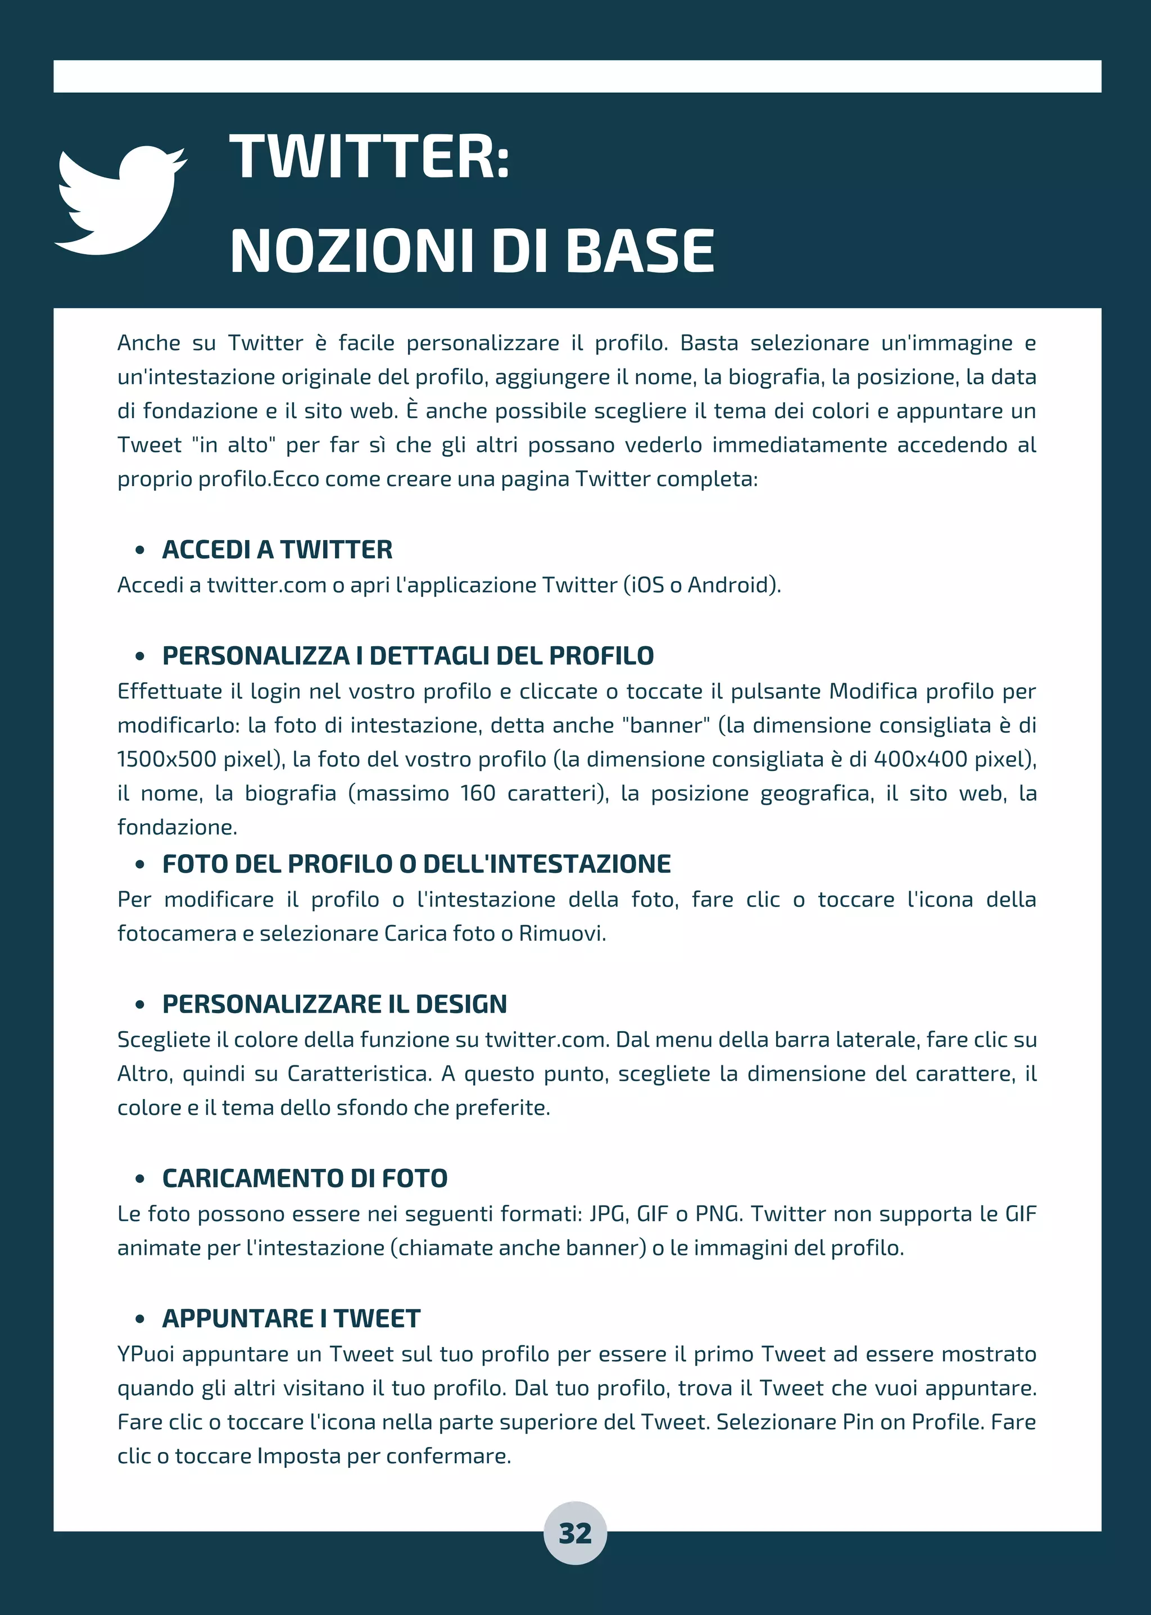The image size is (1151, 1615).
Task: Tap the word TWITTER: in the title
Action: click(369, 157)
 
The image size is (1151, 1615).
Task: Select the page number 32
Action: click(575, 1534)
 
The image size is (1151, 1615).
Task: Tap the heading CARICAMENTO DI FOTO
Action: click(305, 1178)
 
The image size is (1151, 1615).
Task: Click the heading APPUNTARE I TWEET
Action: click(291, 1319)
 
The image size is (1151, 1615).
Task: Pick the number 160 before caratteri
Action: click(478, 793)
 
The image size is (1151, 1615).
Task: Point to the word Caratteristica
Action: click(359, 1074)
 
